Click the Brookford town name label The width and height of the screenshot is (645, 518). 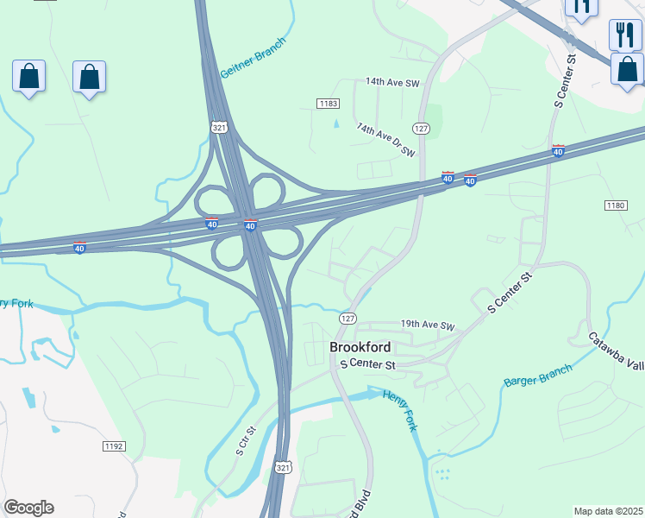coord(360,347)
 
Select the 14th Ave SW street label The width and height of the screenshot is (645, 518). coord(391,81)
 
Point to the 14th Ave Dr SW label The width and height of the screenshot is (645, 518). coord(386,139)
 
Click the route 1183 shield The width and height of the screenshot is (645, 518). coord(328,104)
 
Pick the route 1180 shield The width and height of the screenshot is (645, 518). coord(615,205)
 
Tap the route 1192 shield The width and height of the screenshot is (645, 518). coord(113,446)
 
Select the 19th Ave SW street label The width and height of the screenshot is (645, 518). coord(427,325)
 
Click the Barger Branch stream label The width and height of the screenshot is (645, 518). coord(538,376)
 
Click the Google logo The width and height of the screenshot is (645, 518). coord(28,508)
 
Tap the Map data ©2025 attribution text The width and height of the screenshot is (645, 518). coord(609,511)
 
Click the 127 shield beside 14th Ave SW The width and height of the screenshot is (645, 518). coord(421,128)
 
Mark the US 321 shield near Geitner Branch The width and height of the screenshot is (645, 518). coord(219,127)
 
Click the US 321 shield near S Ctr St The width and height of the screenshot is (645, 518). coord(284,467)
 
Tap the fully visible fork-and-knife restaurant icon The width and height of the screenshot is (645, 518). coord(625,35)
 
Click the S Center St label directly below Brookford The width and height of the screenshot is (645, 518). coord(367,365)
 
